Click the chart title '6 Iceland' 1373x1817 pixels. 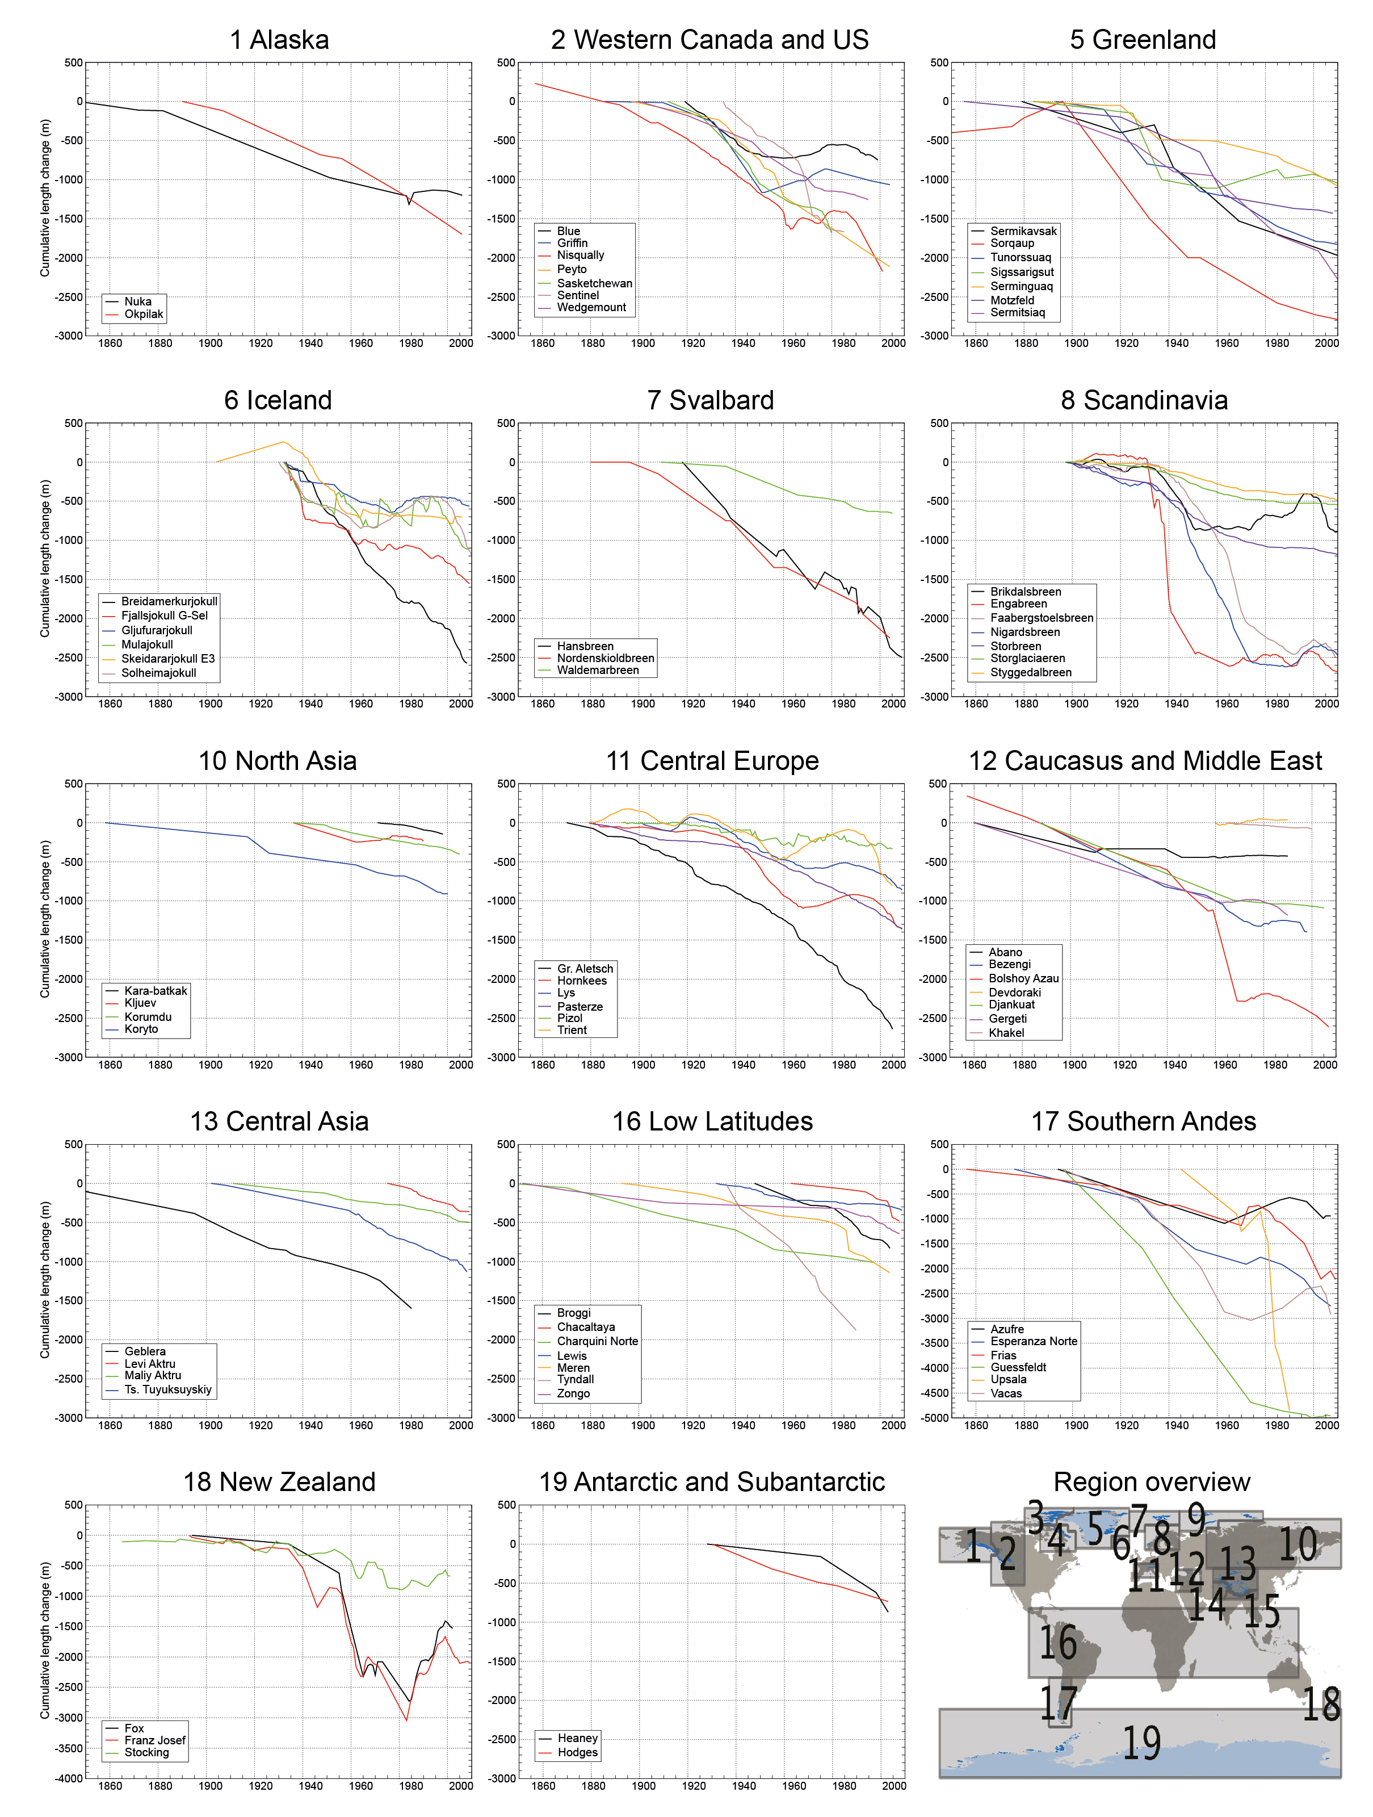pyautogui.click(x=278, y=400)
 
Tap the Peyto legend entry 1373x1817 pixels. pyautogui.click(x=572, y=269)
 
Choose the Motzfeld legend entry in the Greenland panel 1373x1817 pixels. pyautogui.click(x=1011, y=300)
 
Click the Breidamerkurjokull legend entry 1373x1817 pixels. pyautogui.click(x=169, y=601)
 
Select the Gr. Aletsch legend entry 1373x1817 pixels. pyautogui.click(x=585, y=969)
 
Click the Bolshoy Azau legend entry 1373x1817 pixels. pyautogui.click(x=1023, y=978)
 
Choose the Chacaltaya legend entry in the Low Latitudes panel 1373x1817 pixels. pyautogui.click(x=586, y=1326)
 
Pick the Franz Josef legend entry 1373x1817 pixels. pyautogui.click(x=154, y=1740)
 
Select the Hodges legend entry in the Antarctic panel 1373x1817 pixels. pyautogui.click(x=577, y=1752)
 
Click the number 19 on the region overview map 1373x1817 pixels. pyautogui.click(x=1141, y=1743)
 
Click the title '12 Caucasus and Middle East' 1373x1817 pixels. pyautogui.click(x=1145, y=761)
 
